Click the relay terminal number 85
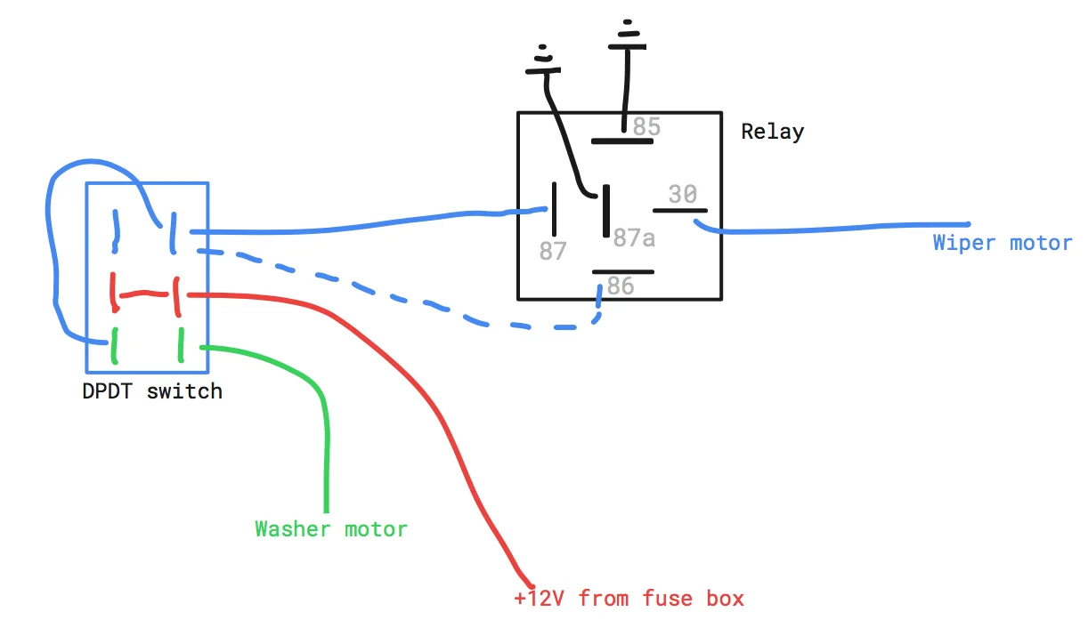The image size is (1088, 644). [x=646, y=126]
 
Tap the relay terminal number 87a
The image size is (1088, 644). [x=634, y=237]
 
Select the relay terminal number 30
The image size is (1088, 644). [x=682, y=194]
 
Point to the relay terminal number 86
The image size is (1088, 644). [x=621, y=286]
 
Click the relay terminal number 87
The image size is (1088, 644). [x=553, y=251]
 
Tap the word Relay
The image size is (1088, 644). [x=772, y=132]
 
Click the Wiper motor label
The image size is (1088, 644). [x=1002, y=243]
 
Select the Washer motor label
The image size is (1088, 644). [x=331, y=529]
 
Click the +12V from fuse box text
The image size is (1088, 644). [x=629, y=599]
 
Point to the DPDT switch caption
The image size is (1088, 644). [x=152, y=391]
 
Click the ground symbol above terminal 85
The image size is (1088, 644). [x=627, y=35]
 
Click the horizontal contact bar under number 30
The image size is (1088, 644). [x=680, y=211]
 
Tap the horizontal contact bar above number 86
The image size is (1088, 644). [x=623, y=272]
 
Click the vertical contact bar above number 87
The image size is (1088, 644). [x=554, y=209]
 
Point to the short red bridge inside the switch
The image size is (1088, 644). [x=143, y=294]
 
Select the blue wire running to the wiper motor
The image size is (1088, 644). [x=832, y=228]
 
